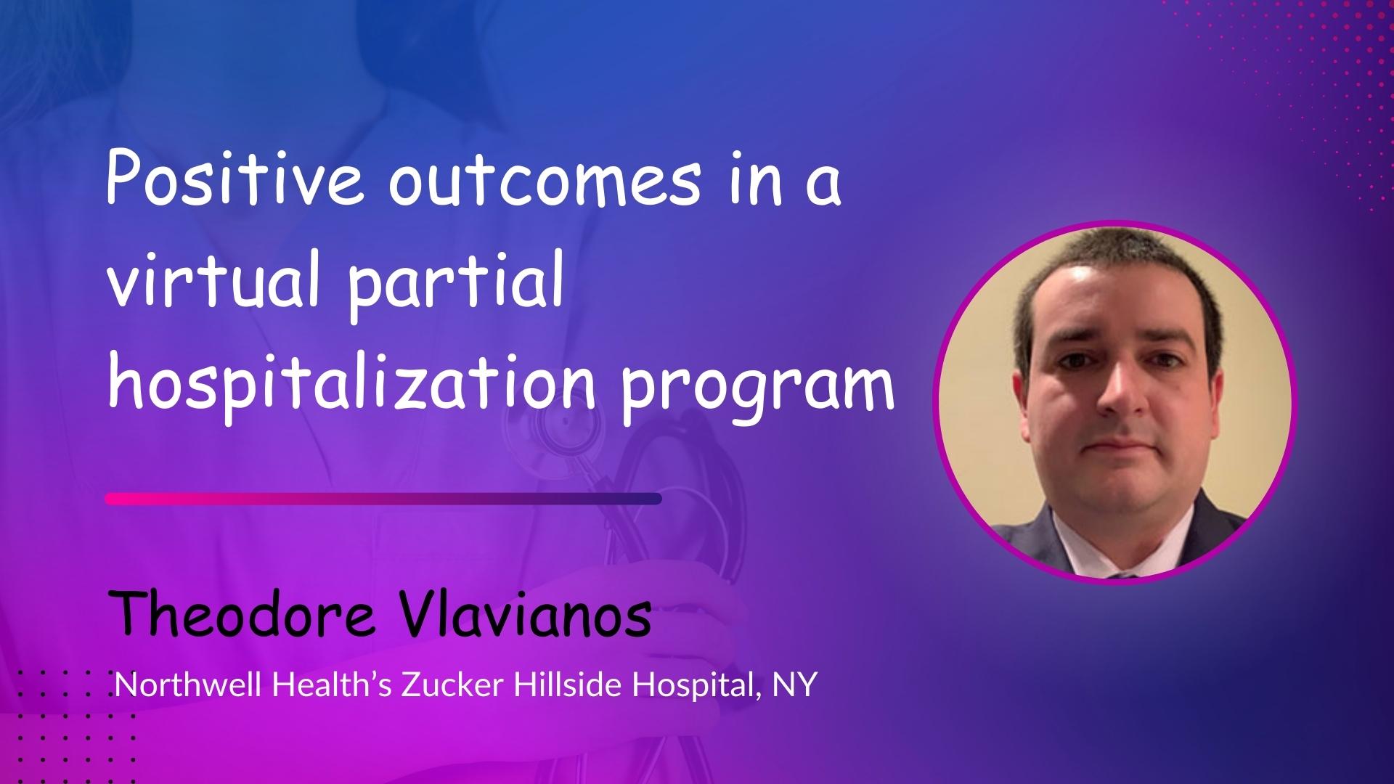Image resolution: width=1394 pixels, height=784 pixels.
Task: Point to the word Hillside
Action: [568, 684]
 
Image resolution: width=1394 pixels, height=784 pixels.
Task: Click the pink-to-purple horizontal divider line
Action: [383, 499]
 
